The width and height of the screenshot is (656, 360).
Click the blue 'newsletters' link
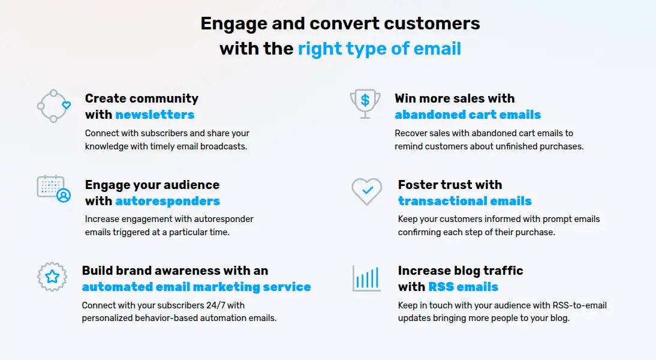[155, 115]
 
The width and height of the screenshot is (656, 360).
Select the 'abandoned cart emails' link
[468, 115]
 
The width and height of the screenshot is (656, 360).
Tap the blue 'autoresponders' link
[167, 201]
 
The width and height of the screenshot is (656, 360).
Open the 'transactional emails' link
[465, 201]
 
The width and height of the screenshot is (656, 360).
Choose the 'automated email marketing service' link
[197, 287]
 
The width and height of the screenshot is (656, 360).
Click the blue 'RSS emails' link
[463, 287]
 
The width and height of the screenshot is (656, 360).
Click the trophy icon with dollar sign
[365, 104]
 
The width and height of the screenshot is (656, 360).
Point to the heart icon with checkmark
[366, 191]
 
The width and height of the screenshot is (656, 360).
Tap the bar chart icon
[366, 278]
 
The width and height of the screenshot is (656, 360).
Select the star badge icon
[52, 277]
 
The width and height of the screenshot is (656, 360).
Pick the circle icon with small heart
[53, 106]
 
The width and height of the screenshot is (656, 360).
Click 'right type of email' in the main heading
[380, 48]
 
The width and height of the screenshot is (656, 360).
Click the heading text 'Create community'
[142, 98]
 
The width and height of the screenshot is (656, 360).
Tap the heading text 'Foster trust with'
[450, 185]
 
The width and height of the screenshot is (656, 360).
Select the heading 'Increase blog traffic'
[461, 271]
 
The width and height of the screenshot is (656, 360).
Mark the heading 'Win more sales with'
[455, 98]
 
